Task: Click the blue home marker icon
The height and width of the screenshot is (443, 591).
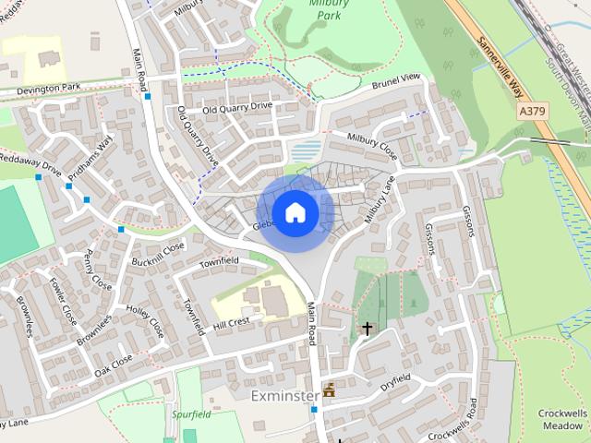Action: click(x=295, y=212)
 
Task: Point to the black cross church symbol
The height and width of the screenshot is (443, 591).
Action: click(x=367, y=328)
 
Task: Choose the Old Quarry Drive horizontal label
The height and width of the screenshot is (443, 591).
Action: click(x=237, y=107)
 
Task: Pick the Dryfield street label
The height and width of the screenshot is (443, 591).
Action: click(x=394, y=379)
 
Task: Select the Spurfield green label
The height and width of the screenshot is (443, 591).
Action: click(x=190, y=414)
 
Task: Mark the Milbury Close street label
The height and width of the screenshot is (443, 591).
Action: click(x=371, y=146)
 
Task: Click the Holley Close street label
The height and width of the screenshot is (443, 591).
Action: click(x=145, y=320)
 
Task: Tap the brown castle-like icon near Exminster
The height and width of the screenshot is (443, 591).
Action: click(x=328, y=390)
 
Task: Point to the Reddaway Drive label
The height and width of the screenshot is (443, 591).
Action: click(x=30, y=167)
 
